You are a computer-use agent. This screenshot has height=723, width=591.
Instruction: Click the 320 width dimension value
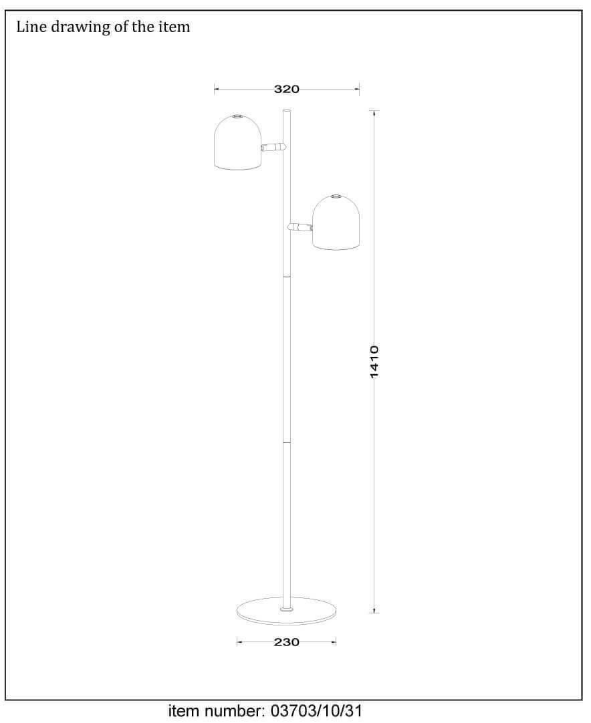(x=287, y=89)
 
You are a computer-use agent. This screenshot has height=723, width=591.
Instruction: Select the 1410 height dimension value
(x=374, y=361)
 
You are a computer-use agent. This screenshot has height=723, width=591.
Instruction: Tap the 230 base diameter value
(x=287, y=642)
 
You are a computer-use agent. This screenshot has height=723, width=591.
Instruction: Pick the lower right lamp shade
(x=336, y=223)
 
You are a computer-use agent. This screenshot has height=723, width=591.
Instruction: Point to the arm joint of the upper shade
(x=274, y=147)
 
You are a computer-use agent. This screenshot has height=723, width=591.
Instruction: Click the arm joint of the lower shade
(x=300, y=227)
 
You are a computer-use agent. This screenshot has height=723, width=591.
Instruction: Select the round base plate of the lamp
(x=287, y=611)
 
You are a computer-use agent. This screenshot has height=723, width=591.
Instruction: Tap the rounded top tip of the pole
(x=287, y=111)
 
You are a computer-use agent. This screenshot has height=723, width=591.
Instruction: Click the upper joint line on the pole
(x=287, y=277)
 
